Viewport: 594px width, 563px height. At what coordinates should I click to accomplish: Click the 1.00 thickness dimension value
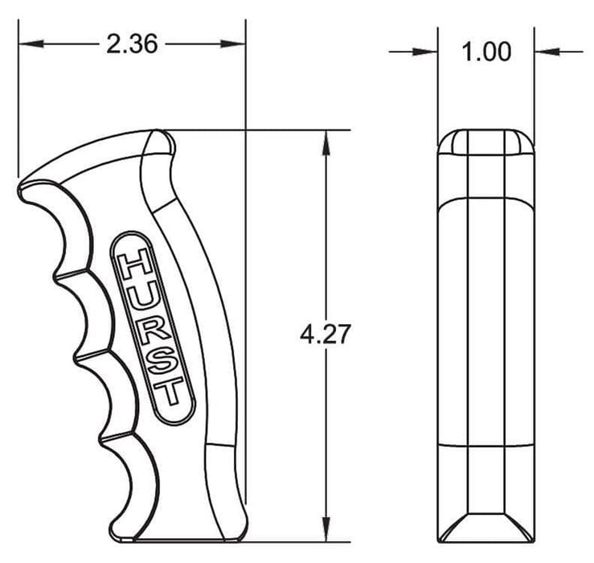(x=487, y=52)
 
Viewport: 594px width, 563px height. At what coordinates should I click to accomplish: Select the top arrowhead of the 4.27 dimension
(x=325, y=140)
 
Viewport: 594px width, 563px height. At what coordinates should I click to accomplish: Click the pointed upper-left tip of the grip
(x=19, y=187)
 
